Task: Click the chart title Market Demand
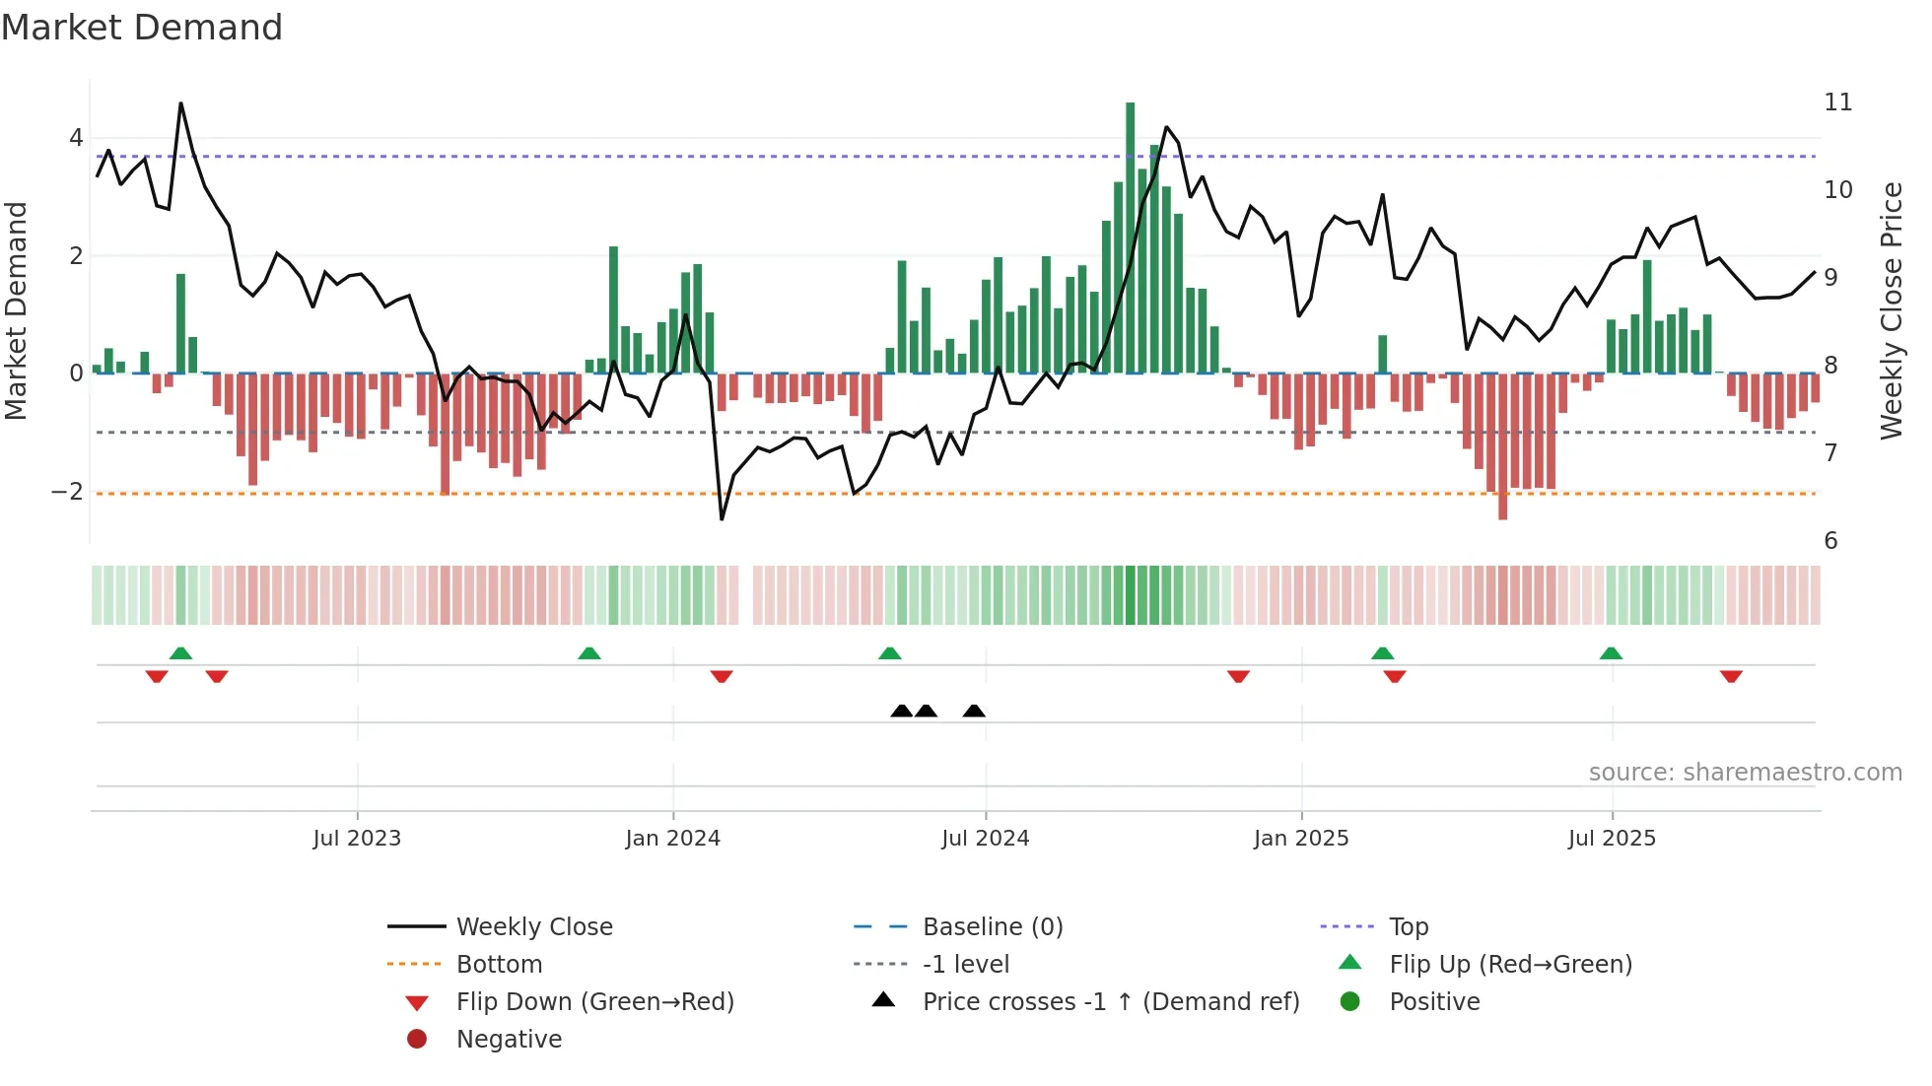142,28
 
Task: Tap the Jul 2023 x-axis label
357,839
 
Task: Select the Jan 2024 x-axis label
672,839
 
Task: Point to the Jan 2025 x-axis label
1300,839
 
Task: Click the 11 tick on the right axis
1837,102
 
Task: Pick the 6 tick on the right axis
1830,541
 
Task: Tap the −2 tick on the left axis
67,492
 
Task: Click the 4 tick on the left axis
76,138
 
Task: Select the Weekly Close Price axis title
1891,310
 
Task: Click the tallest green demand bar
1130,237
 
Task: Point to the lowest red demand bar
1502,445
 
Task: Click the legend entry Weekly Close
533,927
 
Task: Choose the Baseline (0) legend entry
992,927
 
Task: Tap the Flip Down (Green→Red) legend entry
594,1002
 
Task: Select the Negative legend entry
509,1040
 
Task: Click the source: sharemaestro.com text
1745,773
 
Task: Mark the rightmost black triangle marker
974,712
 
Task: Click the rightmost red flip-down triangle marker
1731,676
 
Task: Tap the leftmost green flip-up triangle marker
180,653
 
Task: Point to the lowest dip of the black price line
722,518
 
